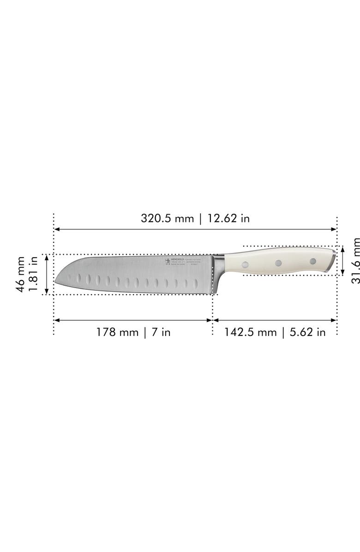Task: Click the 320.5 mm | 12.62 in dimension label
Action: tap(195, 218)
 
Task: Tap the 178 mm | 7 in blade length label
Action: tap(133, 332)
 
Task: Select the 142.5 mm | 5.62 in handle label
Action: tap(275, 332)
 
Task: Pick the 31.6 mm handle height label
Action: tap(355, 261)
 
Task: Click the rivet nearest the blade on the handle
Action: tap(245, 264)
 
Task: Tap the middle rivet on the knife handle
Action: tap(278, 263)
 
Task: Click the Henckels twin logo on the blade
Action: tap(167, 262)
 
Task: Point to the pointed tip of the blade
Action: tap(55, 282)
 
